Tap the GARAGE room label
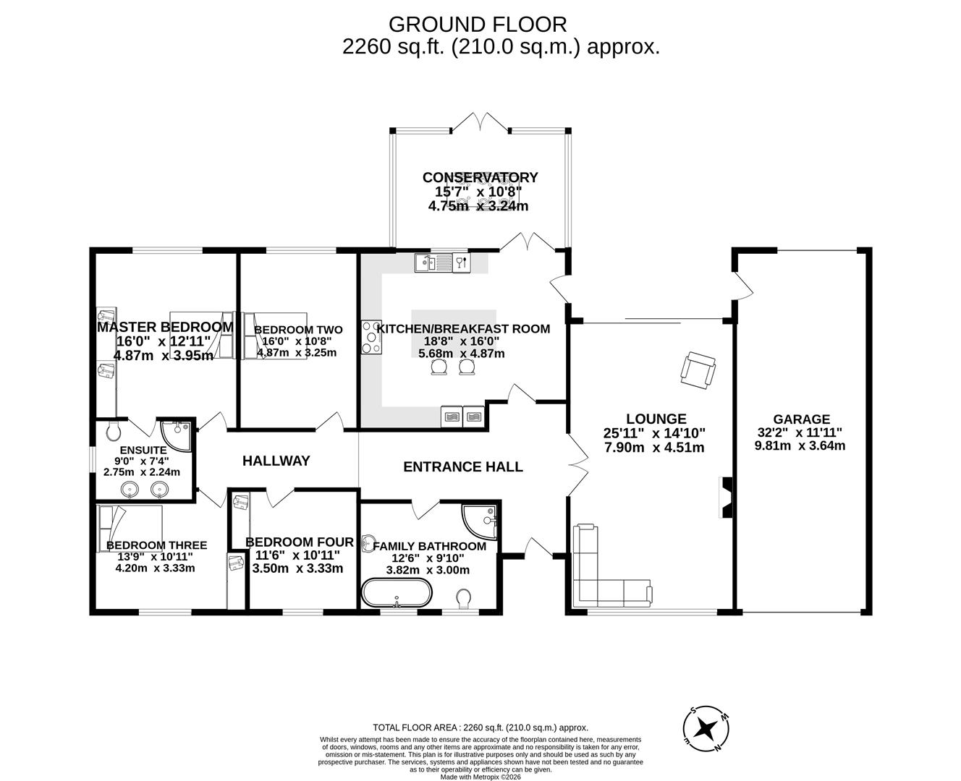[801, 419]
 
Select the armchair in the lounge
[698, 370]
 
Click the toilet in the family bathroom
[464, 598]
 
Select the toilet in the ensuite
[112, 431]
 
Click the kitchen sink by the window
[433, 263]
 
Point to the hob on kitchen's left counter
[371, 338]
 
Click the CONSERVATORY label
[480, 177]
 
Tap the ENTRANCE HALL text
[462, 467]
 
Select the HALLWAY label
[276, 461]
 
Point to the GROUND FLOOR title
[478, 24]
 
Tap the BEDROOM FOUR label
[299, 542]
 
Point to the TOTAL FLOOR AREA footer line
[480, 727]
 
